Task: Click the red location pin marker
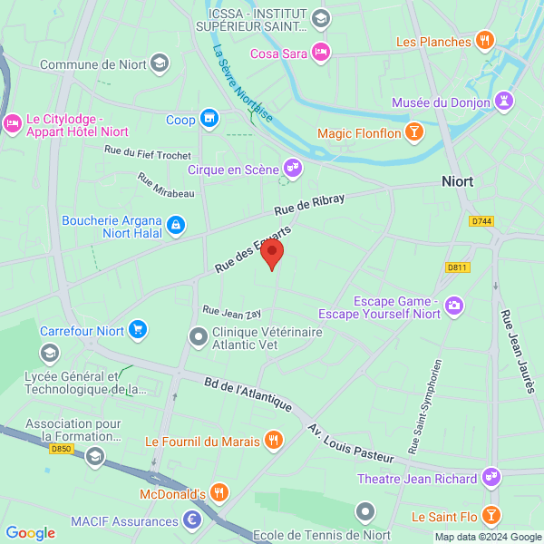[272, 254]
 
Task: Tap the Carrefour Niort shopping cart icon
[138, 329]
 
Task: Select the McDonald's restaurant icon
[219, 494]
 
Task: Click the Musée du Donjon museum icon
[503, 103]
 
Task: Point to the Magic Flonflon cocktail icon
[413, 134]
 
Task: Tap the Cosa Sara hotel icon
[320, 53]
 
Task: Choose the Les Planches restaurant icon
[485, 41]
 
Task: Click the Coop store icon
[209, 119]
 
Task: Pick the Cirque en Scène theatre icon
[291, 169]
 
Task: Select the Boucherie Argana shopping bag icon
[176, 223]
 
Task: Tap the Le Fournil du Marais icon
[273, 442]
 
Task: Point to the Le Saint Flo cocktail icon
[491, 517]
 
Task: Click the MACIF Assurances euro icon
[191, 520]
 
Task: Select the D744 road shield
[481, 221]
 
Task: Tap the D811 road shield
[457, 267]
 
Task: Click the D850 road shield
[62, 449]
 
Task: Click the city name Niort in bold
[457, 181]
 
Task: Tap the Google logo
[31, 532]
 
